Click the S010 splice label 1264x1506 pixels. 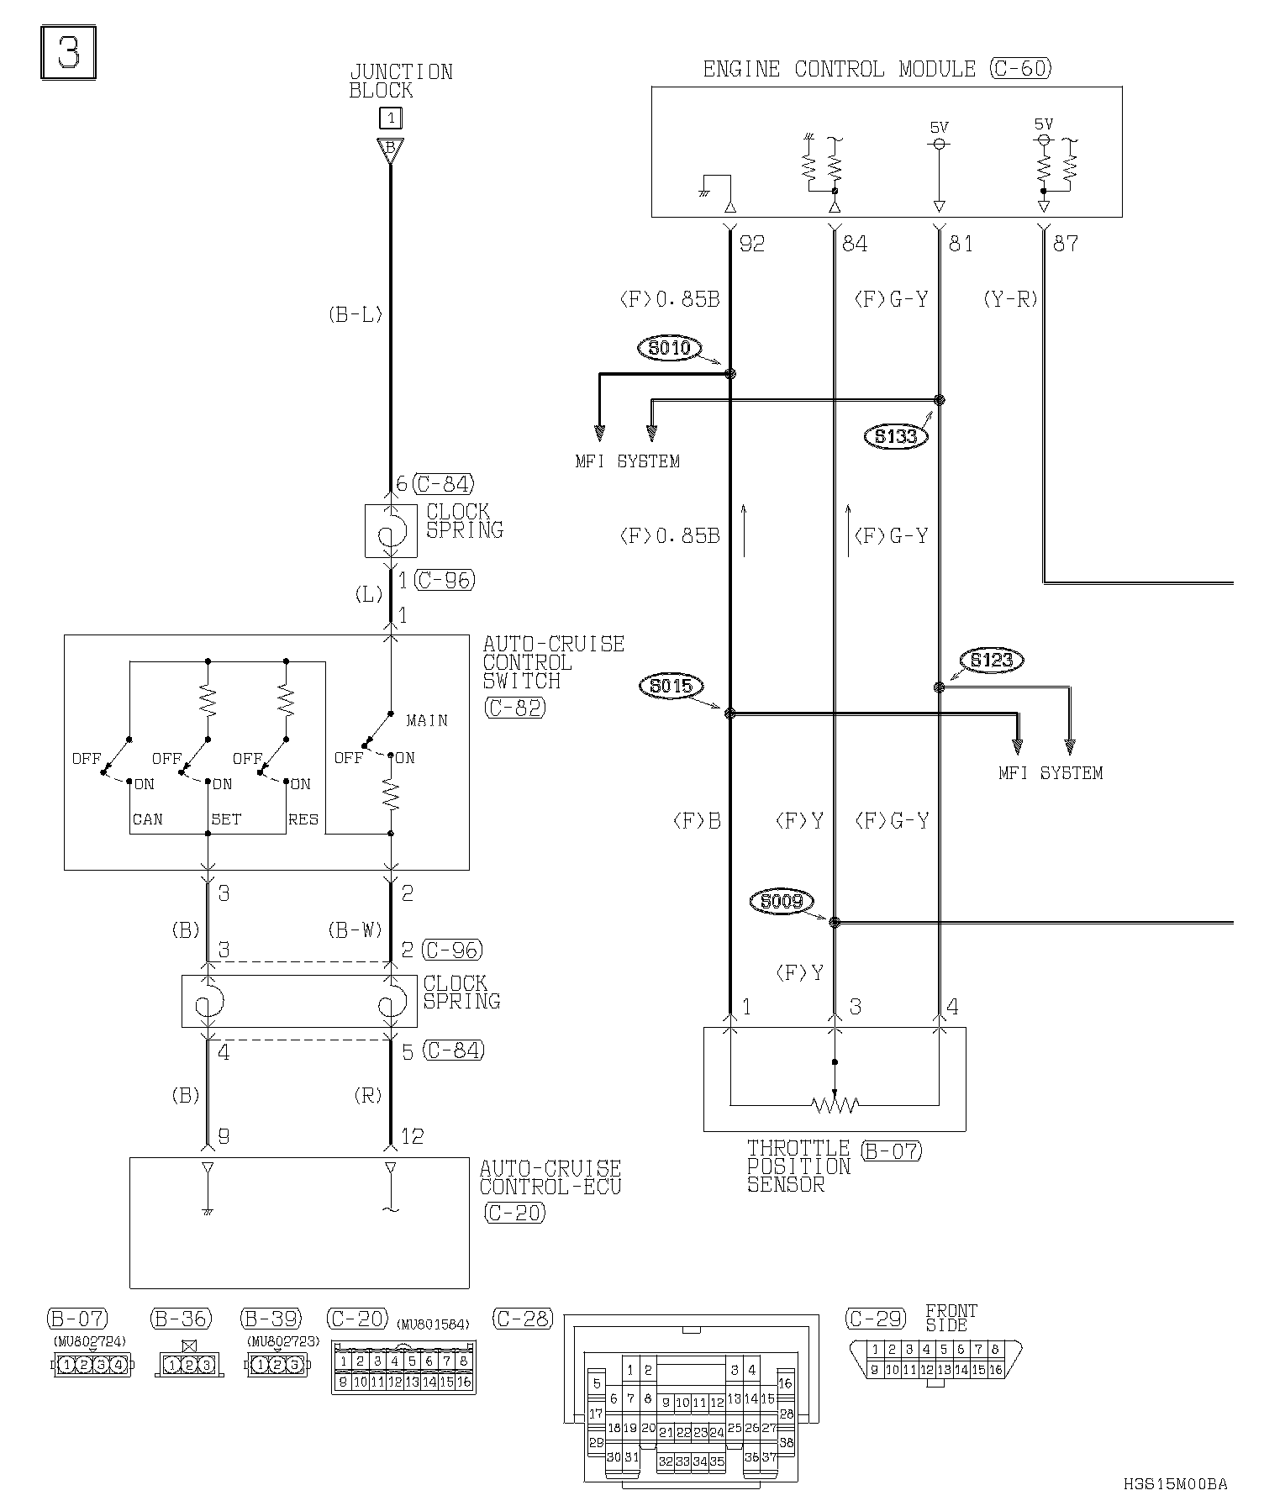coord(670,347)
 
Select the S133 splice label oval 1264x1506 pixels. coord(896,435)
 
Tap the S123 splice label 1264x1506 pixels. coord(992,660)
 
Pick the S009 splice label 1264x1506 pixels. coord(782,902)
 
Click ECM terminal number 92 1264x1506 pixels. coord(752,244)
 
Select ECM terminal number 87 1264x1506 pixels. coord(1066,244)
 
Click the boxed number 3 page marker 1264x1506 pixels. coord(69,53)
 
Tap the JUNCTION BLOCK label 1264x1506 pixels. coord(401,81)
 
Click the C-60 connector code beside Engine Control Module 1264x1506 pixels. coord(1021,68)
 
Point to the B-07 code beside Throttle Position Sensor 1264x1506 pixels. coord(892,1150)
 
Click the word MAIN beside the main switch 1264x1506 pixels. coord(427,720)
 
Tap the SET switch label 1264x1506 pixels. coord(225,819)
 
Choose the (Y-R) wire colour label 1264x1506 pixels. coord(1010,299)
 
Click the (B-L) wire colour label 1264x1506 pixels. coord(355,315)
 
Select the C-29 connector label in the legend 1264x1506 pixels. coord(877,1319)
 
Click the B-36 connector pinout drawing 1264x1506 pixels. coord(189,1365)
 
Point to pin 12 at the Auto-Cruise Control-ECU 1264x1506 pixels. coord(413,1136)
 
